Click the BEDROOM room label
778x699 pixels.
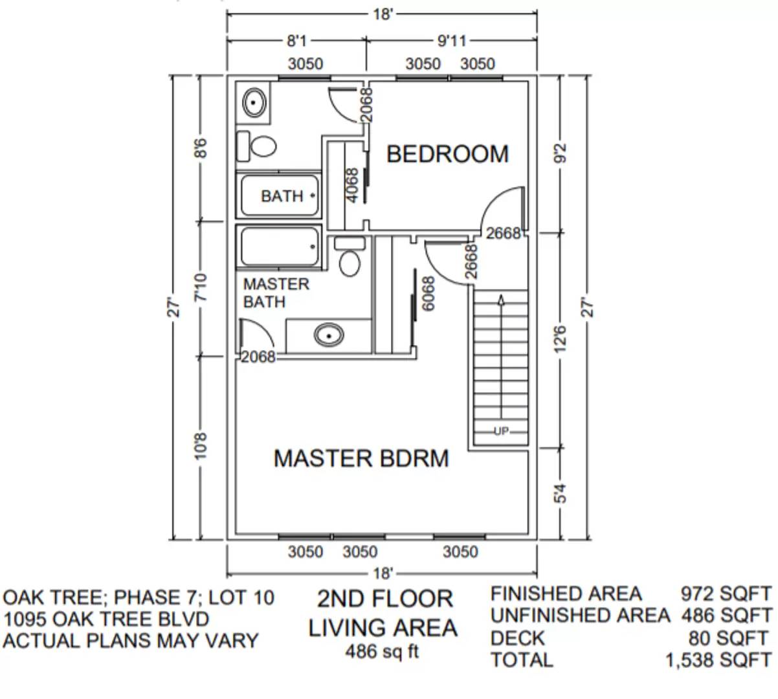pyautogui.click(x=447, y=154)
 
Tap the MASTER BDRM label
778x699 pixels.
pyautogui.click(x=361, y=458)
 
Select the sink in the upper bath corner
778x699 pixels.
pyautogui.click(x=254, y=102)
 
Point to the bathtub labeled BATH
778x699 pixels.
pyautogui.click(x=281, y=195)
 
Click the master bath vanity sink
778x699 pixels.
pyautogui.click(x=328, y=335)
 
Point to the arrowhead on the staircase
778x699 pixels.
pyautogui.click(x=502, y=298)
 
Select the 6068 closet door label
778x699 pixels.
pyautogui.click(x=428, y=294)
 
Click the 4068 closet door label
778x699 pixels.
pyautogui.click(x=352, y=186)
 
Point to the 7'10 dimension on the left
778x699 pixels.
pyautogui.click(x=201, y=287)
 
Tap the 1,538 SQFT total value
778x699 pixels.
pyautogui.click(x=718, y=660)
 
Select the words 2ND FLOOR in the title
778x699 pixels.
pyautogui.click(x=384, y=599)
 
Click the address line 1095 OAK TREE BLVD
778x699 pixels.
pyautogui.click(x=106, y=619)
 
